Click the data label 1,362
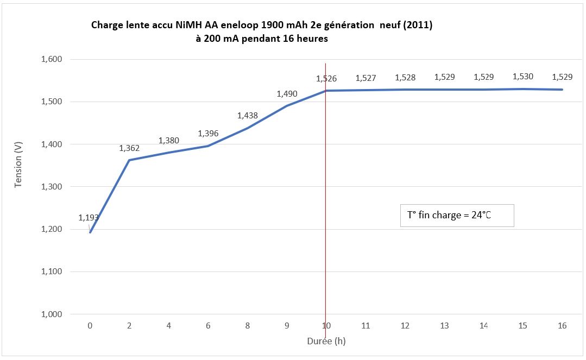coord(129,148)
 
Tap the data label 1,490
coord(287,94)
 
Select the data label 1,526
coord(326,79)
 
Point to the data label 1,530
coord(523,77)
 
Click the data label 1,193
coord(89,218)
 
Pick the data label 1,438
coord(248,115)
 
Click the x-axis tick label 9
coord(287,326)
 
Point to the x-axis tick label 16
coord(562,326)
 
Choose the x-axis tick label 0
coord(90,326)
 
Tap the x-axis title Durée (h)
coord(326,342)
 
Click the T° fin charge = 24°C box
coord(457,215)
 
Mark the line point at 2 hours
coord(129,160)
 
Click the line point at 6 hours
coord(208,146)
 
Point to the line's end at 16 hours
coord(562,90)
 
